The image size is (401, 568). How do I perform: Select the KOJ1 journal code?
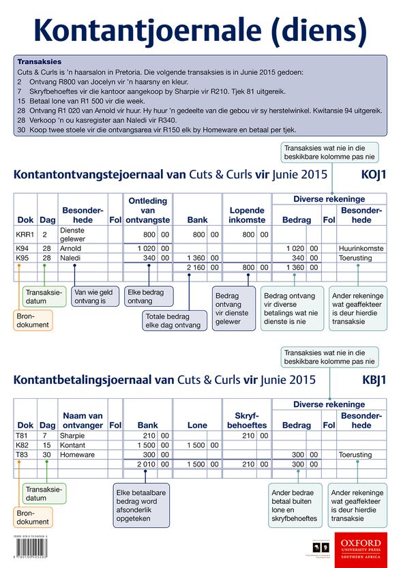click(x=374, y=175)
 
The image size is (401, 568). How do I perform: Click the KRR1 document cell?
click(x=25, y=235)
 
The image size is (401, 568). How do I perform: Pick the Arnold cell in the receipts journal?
click(x=73, y=249)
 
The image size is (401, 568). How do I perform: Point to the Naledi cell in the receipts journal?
click(x=72, y=258)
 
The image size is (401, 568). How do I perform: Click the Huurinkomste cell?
click(x=361, y=249)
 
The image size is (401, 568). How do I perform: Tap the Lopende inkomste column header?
click(x=247, y=215)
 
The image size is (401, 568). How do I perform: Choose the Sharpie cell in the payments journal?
click(x=73, y=436)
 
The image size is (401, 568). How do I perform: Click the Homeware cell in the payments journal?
click(x=77, y=455)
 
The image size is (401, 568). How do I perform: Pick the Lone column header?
click(x=197, y=425)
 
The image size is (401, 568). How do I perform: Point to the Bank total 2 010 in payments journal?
click(x=147, y=464)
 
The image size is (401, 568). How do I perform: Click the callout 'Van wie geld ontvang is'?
click(x=95, y=295)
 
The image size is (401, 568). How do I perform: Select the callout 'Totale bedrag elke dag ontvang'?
click(x=175, y=321)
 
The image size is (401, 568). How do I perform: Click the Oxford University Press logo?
click(x=361, y=545)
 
